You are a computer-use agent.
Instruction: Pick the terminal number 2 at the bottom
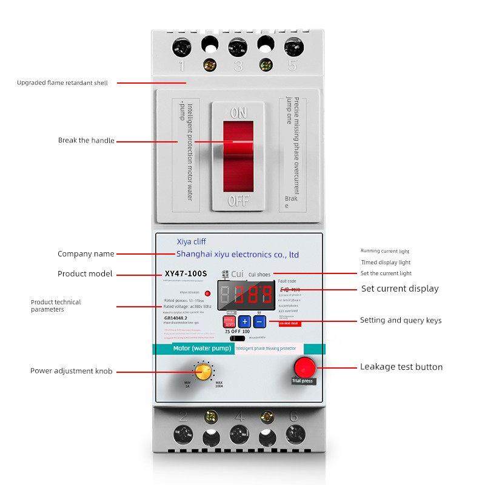pyautogui.click(x=182, y=416)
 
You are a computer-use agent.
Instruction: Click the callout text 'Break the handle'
pyautogui.click(x=86, y=141)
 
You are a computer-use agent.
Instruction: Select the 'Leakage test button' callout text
pyautogui.click(x=401, y=367)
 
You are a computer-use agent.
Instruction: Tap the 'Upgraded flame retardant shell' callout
pyautogui.click(x=62, y=82)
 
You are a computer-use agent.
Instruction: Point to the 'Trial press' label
pyautogui.click(x=303, y=381)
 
